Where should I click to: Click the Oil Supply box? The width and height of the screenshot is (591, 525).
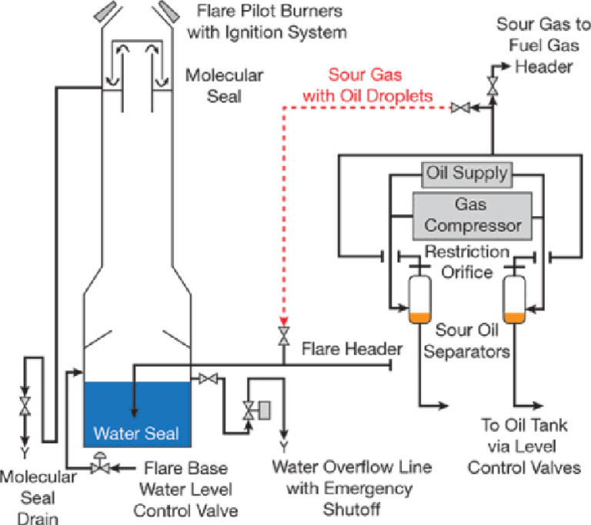[x=466, y=174]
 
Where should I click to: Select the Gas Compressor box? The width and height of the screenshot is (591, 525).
[x=472, y=216]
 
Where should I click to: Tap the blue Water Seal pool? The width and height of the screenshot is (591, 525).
[x=137, y=414]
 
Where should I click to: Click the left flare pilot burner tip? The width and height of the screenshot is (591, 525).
[x=106, y=12]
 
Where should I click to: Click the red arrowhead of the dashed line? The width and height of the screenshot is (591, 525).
[x=284, y=321]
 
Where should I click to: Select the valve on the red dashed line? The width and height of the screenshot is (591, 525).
[x=461, y=108]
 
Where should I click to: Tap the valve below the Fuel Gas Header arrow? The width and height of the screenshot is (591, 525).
[x=492, y=87]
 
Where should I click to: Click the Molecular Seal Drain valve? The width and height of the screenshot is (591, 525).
[x=25, y=406]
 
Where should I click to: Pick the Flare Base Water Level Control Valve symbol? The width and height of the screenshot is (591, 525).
[x=100, y=465]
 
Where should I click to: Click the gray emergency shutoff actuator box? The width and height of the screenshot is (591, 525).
[x=265, y=410]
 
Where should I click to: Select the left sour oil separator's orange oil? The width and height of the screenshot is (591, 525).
[x=419, y=318]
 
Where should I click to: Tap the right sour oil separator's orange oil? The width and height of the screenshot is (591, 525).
[x=515, y=318]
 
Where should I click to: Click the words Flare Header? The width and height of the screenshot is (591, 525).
[x=352, y=349]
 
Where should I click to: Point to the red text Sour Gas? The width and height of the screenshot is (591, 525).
[x=365, y=75]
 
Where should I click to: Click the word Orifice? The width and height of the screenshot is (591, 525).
[x=466, y=272]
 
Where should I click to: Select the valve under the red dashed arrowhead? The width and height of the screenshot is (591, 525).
[x=284, y=336]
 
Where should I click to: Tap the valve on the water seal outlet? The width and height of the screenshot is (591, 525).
[x=208, y=378]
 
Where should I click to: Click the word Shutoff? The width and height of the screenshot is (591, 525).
[x=352, y=509]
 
